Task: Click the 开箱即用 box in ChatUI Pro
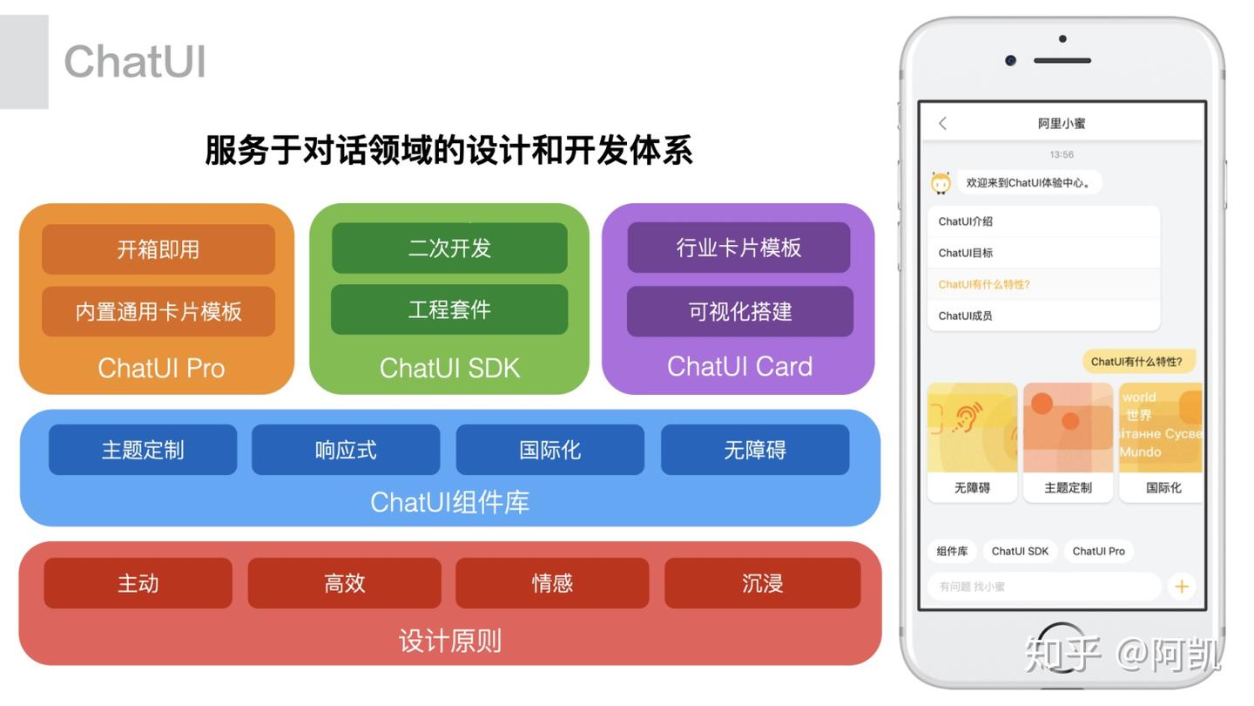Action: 158,249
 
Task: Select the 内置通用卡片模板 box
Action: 158,311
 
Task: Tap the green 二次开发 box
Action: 449,248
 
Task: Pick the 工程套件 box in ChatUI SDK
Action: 449,309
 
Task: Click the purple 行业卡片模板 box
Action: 738,248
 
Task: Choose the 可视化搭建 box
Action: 739,311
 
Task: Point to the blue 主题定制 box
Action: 143,450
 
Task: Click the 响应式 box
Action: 346,450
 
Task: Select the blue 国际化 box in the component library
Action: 549,450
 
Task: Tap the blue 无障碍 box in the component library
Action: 754,450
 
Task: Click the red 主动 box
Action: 138,583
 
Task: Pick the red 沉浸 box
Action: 762,583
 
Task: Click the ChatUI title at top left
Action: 135,62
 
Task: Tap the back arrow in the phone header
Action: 942,124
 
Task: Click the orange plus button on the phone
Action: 1181,587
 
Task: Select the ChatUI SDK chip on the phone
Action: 1020,551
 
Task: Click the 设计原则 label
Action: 449,642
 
